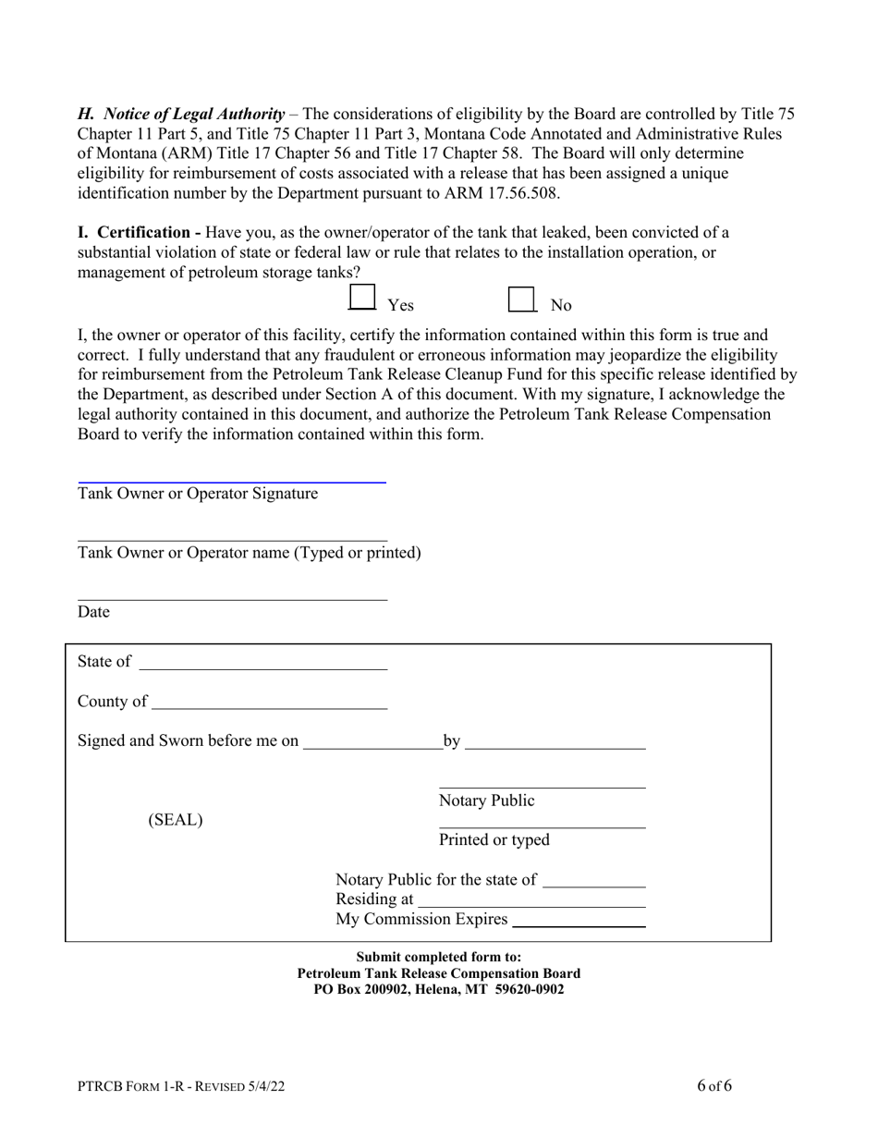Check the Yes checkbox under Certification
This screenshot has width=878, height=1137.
pos(362,298)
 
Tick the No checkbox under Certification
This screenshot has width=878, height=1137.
pos(522,300)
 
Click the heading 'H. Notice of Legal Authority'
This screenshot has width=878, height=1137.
pos(181,114)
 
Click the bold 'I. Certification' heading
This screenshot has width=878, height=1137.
pos(139,232)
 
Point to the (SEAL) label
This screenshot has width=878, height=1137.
pos(176,820)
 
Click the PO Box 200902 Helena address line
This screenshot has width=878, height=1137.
pos(439,989)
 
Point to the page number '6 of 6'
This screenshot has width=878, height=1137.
pos(714,1085)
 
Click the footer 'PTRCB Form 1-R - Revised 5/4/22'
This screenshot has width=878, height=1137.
pos(181,1087)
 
